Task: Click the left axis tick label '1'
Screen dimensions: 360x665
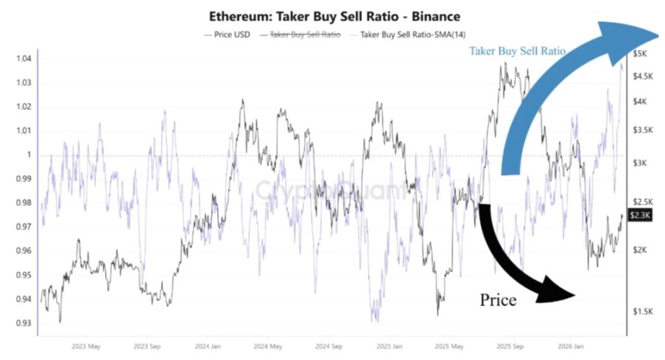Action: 29,155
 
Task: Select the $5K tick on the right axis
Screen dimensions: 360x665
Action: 640,53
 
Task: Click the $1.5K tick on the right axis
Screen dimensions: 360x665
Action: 644,311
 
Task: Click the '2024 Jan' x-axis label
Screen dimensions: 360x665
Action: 208,346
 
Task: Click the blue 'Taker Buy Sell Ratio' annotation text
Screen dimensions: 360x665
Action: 518,51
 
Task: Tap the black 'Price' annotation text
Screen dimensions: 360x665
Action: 498,300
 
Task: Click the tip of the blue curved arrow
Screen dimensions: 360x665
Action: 657,34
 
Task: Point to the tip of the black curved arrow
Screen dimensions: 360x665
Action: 576,294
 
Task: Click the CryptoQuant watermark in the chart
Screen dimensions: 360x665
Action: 331,190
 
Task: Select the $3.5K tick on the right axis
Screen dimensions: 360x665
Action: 644,130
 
